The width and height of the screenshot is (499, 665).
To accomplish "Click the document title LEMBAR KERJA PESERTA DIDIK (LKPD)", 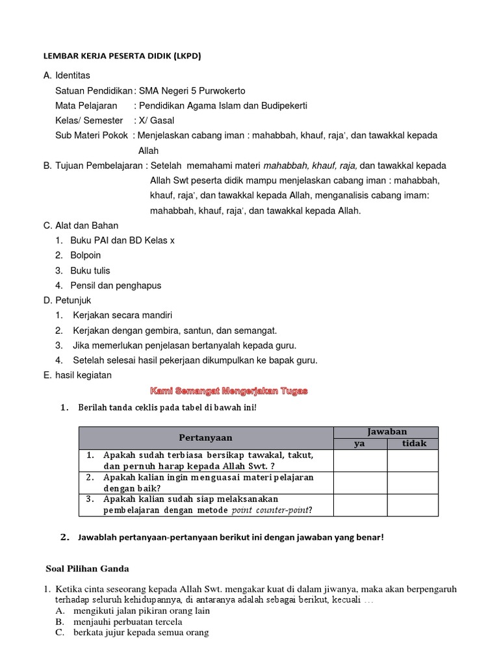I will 122,56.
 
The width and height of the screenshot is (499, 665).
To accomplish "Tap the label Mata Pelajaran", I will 86,105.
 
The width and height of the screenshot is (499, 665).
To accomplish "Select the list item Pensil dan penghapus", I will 116,285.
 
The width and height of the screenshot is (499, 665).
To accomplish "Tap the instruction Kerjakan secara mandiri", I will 122,315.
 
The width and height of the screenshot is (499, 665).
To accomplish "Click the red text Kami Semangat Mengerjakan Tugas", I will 229,391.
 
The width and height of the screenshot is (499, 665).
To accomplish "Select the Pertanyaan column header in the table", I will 205,438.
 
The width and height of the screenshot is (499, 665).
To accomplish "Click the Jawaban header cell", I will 386,432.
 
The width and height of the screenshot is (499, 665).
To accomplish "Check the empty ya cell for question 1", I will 360,460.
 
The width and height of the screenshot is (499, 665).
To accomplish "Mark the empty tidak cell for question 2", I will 413,482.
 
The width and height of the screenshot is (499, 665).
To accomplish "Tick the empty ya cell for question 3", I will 360,504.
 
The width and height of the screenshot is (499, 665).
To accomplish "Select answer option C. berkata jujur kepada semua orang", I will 132,633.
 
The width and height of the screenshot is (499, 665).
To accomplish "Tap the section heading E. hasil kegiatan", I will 77,375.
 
